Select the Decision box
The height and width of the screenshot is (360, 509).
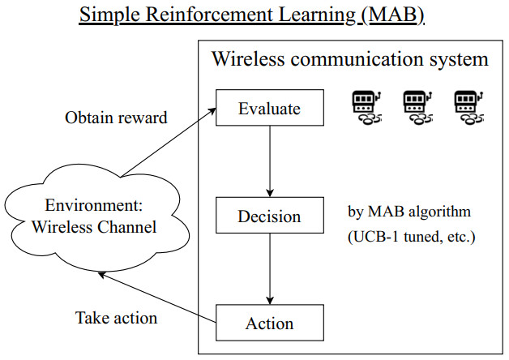pos(269,216)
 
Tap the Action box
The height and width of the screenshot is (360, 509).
pos(269,324)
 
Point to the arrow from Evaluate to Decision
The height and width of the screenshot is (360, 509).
pos(269,162)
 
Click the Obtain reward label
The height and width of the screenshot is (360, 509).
pos(116,118)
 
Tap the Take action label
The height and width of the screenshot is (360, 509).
pos(116,317)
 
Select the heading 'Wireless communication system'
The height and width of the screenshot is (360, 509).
pos(349,59)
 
